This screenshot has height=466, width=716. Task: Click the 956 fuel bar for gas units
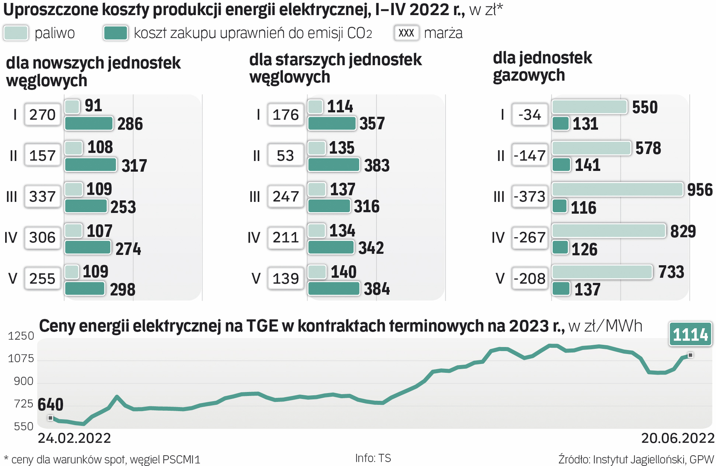click(618, 189)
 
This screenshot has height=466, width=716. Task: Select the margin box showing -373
click(530, 196)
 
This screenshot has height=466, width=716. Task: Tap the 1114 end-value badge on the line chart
click(690, 334)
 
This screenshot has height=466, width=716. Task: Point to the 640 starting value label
click(51, 405)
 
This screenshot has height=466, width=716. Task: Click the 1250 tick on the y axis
click(21, 336)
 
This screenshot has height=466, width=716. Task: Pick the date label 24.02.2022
click(74, 438)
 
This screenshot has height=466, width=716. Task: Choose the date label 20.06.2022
click(678, 438)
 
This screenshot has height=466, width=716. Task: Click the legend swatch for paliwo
click(16, 33)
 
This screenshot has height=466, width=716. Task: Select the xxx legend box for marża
click(406, 33)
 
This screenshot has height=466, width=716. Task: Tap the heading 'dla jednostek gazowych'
click(542, 66)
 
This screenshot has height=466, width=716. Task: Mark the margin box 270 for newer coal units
click(42, 115)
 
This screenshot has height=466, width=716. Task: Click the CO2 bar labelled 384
click(333, 289)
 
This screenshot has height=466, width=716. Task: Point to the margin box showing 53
click(285, 155)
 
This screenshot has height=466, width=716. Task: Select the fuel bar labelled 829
click(609, 231)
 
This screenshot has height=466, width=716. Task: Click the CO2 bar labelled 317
click(90, 165)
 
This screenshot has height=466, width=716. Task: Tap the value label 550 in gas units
click(645, 107)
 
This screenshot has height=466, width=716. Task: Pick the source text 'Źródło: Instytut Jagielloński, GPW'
click(636, 459)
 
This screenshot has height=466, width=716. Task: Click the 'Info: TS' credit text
click(373, 458)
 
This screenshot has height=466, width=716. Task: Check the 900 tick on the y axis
click(23, 381)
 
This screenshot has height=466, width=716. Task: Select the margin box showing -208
click(530, 278)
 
